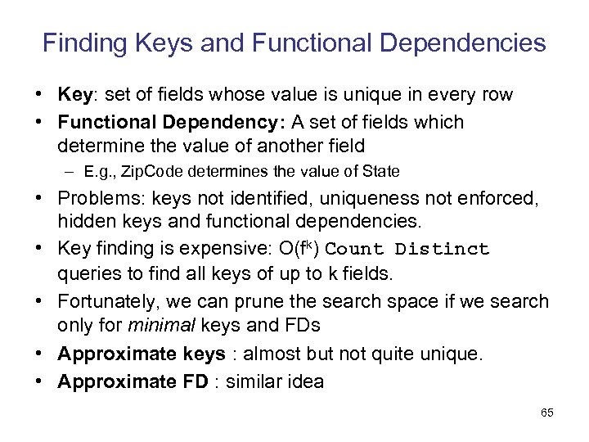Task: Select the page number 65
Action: [x=547, y=413]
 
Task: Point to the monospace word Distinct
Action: [x=443, y=250]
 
